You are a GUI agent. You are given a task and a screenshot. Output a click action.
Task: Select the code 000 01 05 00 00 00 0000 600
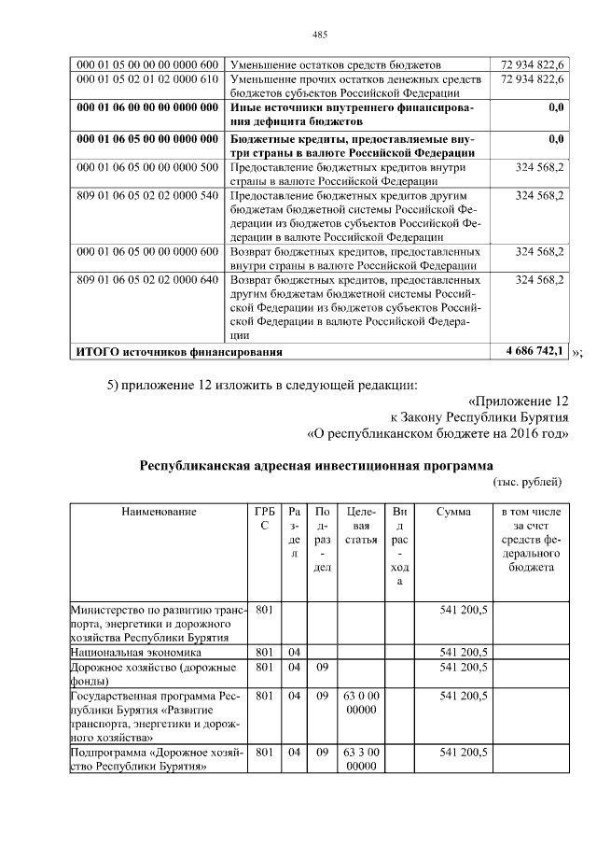[146, 64]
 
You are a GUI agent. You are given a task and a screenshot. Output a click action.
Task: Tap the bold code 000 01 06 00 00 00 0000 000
[146, 108]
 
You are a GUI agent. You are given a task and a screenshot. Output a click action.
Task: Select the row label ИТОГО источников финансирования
[177, 352]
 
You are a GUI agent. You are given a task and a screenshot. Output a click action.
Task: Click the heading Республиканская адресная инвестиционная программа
[315, 465]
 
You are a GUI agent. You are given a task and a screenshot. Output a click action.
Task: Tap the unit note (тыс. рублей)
[526, 482]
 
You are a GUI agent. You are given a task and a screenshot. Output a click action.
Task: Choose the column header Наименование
[159, 512]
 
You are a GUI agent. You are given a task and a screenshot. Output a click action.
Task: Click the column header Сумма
[453, 512]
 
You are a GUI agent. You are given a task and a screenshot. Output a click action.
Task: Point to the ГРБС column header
[264, 518]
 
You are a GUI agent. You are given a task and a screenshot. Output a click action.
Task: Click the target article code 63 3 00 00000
[360, 759]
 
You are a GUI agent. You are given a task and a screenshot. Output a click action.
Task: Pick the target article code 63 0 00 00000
[360, 703]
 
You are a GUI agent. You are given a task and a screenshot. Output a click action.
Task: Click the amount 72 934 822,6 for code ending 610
[533, 79]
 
